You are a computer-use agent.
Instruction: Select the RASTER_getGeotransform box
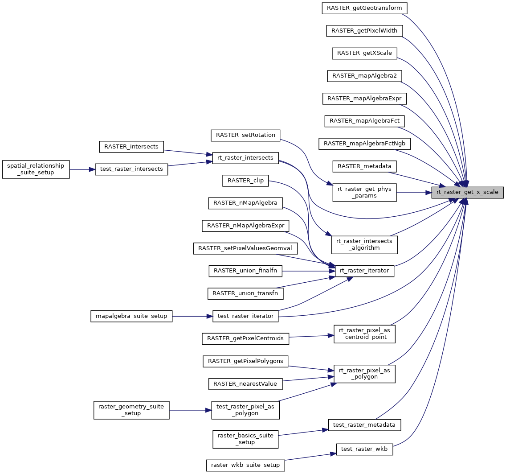point(364,8)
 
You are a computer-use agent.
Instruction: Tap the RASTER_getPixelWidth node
point(364,31)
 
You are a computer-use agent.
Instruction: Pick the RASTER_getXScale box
point(364,53)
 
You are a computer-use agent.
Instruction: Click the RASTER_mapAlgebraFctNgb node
point(364,144)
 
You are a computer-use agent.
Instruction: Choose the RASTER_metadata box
point(364,166)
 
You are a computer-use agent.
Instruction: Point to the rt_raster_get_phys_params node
point(364,193)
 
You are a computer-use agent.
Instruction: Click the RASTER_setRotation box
point(245,135)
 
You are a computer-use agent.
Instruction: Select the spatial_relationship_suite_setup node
point(36,169)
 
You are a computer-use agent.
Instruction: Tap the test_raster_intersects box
point(131,169)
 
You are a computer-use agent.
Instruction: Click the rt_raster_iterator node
point(364,271)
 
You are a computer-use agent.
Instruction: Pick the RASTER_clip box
point(245,181)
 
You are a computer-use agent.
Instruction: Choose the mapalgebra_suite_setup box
point(131,316)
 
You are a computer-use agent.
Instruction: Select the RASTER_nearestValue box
point(245,383)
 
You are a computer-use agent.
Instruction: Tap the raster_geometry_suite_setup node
point(131,410)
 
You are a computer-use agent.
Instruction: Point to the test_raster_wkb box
point(364,449)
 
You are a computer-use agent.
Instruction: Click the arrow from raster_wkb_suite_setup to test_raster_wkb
point(310,457)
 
